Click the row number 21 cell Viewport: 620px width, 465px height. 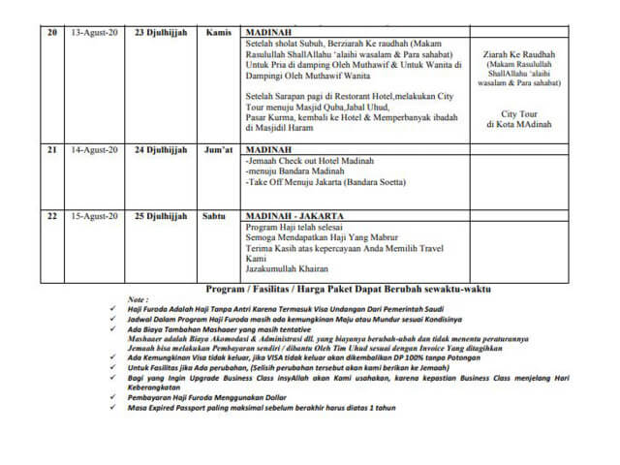point(51,150)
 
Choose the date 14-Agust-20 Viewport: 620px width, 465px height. point(94,150)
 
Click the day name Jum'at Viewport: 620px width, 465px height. point(219,150)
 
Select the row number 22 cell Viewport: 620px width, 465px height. point(51,216)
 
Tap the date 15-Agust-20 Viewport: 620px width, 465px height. point(94,216)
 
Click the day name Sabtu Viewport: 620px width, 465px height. point(219,216)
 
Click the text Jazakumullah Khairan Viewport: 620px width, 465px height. point(288,269)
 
